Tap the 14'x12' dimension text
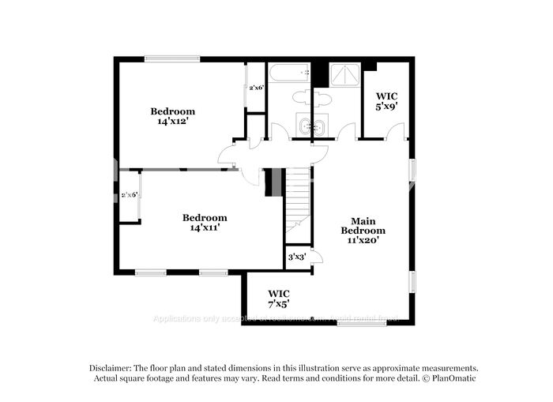click(173, 122)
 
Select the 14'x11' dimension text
click(205, 227)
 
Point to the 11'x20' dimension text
click(363, 240)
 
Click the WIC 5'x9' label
click(386, 100)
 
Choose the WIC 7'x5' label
click(278, 298)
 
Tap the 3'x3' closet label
click(297, 257)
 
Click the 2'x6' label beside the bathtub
click(256, 88)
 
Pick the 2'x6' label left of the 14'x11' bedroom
click(129, 195)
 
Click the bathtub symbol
click(288, 74)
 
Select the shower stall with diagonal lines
click(344, 75)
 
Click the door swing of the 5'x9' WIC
click(397, 131)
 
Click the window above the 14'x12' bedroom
click(171, 58)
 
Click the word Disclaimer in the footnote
click(107, 368)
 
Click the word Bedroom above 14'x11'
click(205, 218)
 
